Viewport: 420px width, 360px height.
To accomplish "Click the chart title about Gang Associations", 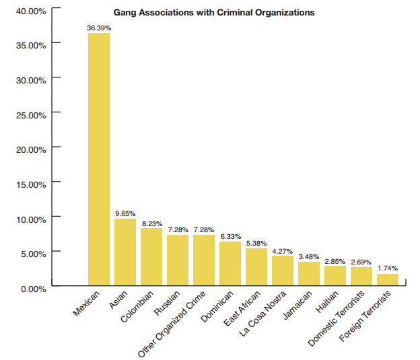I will click(x=213, y=13).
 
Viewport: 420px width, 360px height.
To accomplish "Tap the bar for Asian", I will click(x=125, y=252).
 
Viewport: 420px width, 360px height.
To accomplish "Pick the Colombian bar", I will click(x=151, y=257).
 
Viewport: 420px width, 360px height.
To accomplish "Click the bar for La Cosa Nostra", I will click(x=282, y=271).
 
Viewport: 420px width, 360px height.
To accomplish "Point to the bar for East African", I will click(x=256, y=267).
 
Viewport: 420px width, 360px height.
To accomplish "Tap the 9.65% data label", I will click(x=125, y=213).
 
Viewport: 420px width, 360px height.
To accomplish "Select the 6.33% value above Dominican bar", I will click(x=230, y=236).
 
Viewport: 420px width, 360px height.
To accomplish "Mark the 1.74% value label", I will click(x=388, y=268).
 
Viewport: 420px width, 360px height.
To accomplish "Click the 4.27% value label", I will click(x=283, y=251).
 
